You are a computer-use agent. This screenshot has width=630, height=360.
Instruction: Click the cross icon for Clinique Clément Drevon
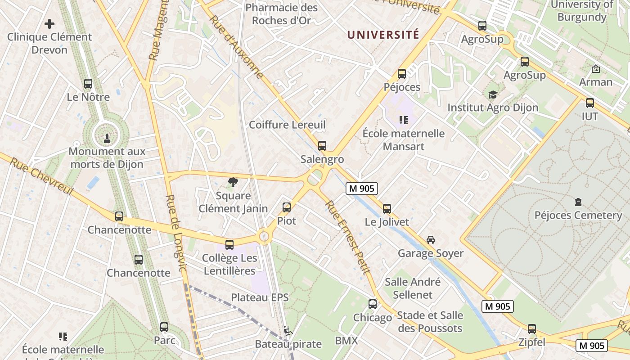point(49,23)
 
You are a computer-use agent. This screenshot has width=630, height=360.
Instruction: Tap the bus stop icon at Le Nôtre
point(88,84)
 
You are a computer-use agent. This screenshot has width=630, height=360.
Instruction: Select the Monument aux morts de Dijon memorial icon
point(107,138)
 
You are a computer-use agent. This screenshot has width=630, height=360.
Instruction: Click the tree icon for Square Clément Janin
point(233,182)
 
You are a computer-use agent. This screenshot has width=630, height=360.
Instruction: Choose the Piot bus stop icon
point(287,207)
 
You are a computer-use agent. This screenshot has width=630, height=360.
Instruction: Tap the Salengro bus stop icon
point(322,146)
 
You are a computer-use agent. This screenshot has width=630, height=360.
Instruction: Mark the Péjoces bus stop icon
point(402,74)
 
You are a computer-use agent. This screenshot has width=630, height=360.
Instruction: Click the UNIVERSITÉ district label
point(383,35)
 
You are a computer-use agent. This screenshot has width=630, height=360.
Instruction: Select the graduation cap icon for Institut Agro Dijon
point(493,94)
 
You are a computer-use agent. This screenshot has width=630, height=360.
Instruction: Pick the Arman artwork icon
point(596,69)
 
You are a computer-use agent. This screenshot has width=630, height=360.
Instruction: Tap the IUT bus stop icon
point(590,103)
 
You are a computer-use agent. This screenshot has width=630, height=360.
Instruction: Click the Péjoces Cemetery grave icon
point(578,202)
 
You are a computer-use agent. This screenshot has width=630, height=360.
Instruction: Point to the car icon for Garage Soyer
point(431,240)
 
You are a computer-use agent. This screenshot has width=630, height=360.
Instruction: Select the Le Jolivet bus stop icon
point(387,209)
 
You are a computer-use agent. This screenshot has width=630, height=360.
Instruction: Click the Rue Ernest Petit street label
point(347,237)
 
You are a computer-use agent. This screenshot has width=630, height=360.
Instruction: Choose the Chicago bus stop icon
point(373,304)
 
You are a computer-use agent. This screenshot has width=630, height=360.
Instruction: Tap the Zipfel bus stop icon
point(532,329)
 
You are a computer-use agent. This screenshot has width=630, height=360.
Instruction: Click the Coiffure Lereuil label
point(287,125)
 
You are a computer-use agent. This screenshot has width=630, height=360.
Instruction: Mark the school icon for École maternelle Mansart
point(404,120)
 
